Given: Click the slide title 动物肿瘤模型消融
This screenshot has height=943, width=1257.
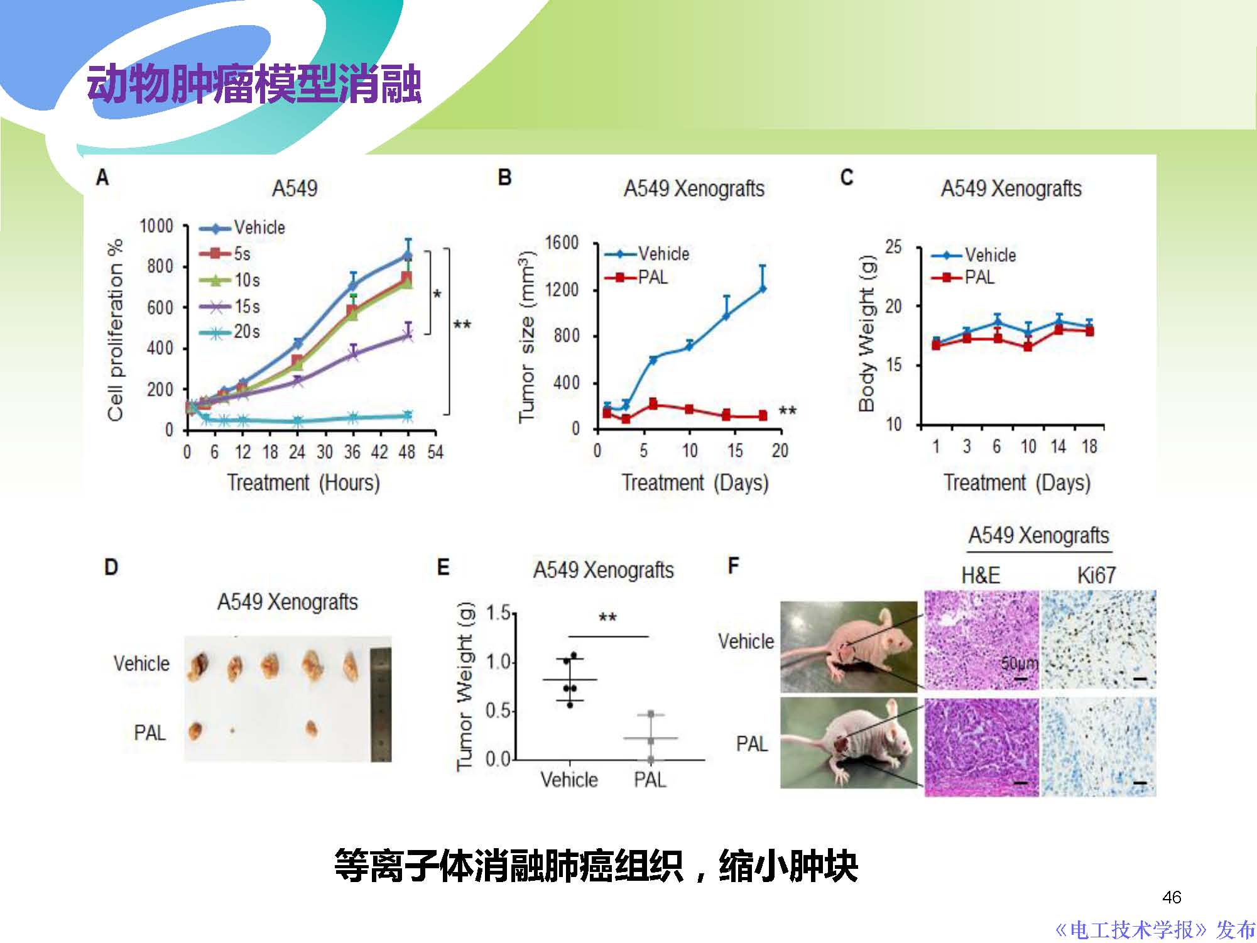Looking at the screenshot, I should tap(254, 85).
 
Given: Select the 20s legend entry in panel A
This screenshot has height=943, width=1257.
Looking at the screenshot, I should tap(230, 332).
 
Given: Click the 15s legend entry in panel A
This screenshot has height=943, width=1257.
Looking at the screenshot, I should tap(230, 307).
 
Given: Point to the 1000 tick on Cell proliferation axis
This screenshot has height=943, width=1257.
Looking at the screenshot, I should tap(156, 226).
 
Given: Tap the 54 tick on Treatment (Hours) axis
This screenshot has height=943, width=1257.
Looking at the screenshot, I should tap(435, 452).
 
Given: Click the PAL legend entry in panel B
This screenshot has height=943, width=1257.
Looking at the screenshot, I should tap(637, 277).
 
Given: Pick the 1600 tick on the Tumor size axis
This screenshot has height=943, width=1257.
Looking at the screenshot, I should tap(562, 243).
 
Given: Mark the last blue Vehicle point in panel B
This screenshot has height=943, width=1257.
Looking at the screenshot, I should tap(763, 289).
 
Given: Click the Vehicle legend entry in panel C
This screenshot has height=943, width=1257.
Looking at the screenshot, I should tap(974, 255).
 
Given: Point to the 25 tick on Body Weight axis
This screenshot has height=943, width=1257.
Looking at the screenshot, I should tap(893, 247).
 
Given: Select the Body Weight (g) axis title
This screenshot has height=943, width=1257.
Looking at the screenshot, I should tap(867, 333).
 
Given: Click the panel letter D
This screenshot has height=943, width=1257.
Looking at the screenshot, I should tap(111, 567).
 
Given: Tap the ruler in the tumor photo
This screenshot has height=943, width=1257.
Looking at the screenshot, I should tap(381, 698).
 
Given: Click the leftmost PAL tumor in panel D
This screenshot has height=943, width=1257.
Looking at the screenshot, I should tap(195, 730).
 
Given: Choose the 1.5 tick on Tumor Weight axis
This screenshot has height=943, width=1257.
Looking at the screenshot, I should tap(498, 613).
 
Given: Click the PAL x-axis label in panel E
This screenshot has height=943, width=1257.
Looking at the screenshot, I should tap(650, 780).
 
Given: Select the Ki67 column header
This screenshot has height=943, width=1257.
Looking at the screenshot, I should tap(1096, 575).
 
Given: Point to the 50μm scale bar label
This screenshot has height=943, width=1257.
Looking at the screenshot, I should tap(1019, 663).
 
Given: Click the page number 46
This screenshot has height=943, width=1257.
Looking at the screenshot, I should tap(1172, 897).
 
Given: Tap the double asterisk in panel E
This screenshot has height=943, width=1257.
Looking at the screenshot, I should tap(607, 617).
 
